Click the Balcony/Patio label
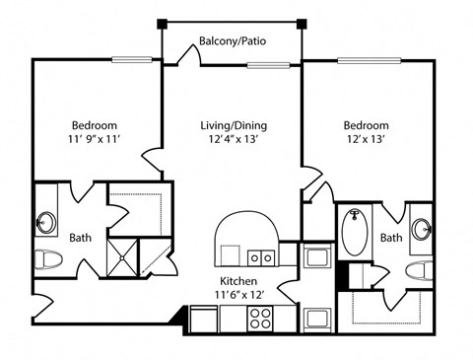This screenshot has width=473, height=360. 233,41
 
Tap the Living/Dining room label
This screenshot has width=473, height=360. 234,125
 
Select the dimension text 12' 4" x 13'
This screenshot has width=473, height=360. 232,139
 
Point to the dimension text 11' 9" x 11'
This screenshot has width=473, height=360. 94,139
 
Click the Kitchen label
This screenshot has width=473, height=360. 238,281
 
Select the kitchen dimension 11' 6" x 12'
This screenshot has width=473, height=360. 238,295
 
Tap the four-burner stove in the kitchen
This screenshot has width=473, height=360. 260,319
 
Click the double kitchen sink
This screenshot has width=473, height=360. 261,257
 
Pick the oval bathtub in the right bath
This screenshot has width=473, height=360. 354,232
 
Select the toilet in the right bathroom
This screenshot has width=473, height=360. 419,270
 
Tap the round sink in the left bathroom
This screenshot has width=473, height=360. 46,223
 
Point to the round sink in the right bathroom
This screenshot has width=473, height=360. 422,229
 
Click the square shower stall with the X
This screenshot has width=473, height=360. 122,257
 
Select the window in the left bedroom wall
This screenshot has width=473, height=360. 132,60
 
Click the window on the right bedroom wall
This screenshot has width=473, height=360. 370,60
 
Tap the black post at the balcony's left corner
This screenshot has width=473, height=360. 162,24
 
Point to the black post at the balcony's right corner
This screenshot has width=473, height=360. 302,24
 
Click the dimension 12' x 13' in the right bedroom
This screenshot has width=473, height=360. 366,139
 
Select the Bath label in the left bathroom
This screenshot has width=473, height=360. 81,238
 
